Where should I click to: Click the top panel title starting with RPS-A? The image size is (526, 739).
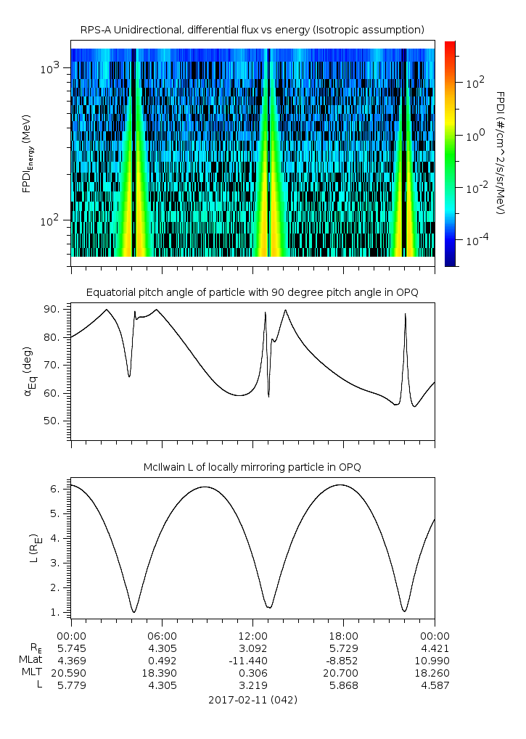(x=252, y=30)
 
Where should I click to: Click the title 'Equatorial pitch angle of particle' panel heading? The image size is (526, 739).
(x=252, y=292)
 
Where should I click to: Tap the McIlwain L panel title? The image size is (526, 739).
(x=252, y=466)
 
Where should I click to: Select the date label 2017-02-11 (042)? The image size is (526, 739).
(x=252, y=700)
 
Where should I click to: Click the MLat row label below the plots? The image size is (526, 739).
(x=30, y=660)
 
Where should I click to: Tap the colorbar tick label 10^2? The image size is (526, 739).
(x=475, y=83)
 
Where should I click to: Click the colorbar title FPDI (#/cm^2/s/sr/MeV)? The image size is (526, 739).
(x=501, y=153)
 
